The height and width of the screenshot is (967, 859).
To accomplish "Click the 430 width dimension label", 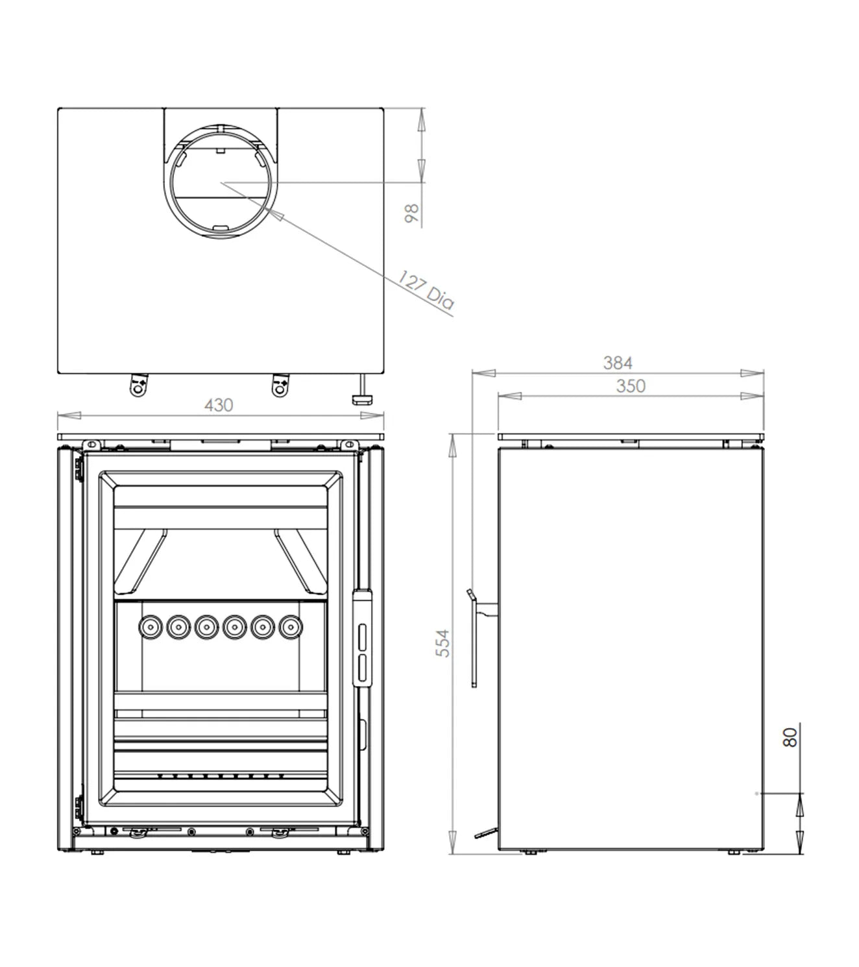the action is click(x=219, y=405).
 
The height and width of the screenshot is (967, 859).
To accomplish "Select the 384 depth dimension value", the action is click(x=618, y=363).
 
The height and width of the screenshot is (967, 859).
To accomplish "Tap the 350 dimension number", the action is click(x=631, y=386).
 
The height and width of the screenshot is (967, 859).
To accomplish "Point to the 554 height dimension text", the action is click(x=443, y=643).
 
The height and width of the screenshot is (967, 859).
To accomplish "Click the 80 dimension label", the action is click(x=790, y=737).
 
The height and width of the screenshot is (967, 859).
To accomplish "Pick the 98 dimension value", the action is click(x=411, y=214).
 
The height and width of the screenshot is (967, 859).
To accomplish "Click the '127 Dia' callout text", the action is click(x=426, y=289).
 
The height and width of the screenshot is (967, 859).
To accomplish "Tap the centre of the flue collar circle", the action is click(x=221, y=183).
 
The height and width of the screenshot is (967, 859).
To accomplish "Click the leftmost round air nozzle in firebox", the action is click(x=151, y=627).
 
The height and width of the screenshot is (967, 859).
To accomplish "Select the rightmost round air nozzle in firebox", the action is click(x=291, y=627).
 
